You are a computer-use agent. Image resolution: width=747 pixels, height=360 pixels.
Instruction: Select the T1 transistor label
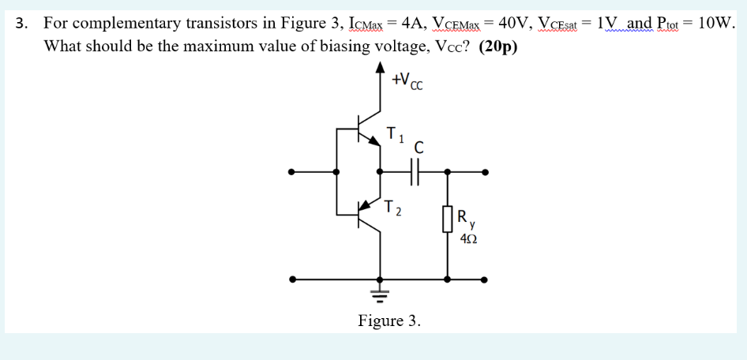pyautogui.click(x=394, y=135)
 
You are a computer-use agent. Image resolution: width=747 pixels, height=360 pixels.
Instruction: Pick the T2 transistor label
pyautogui.click(x=393, y=210)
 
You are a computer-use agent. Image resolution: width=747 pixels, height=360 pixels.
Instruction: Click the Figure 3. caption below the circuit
pyautogui.click(x=389, y=321)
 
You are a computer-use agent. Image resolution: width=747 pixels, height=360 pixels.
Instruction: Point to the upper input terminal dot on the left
pyautogui.click(x=292, y=171)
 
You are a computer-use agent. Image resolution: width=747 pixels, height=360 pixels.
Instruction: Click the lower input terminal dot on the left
pyautogui.click(x=292, y=279)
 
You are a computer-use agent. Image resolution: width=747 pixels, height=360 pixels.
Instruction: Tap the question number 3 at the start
pyautogui.click(x=21, y=22)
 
